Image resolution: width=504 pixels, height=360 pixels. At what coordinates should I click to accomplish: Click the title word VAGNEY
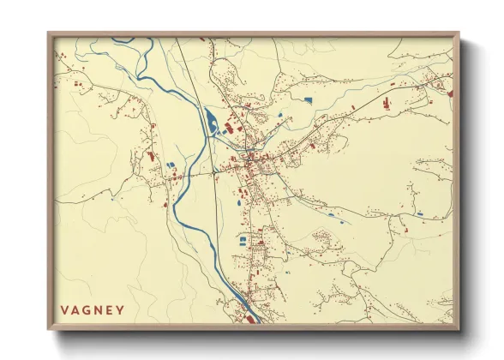[x=93, y=310]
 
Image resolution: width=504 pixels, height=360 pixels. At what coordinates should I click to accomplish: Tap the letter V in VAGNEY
[x=64, y=310]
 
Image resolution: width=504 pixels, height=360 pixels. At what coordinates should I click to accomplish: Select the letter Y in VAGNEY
[x=120, y=310]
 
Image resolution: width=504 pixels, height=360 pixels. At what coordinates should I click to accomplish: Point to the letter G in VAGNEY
[x=87, y=310]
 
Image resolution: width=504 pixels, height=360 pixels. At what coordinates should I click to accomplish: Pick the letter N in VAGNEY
[x=98, y=310]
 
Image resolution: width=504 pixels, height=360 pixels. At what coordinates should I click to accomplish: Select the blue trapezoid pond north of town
[x=308, y=101]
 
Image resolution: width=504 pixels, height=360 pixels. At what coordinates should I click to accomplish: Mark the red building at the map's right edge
[x=449, y=90]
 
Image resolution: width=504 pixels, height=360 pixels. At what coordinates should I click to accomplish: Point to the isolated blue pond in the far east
[x=419, y=213]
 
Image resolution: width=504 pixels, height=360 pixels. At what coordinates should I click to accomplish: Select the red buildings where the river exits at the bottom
[x=249, y=317]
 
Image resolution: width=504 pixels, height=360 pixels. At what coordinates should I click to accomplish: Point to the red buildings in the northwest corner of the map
[x=75, y=83]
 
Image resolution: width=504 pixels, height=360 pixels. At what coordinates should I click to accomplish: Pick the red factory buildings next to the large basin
[x=230, y=129]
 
